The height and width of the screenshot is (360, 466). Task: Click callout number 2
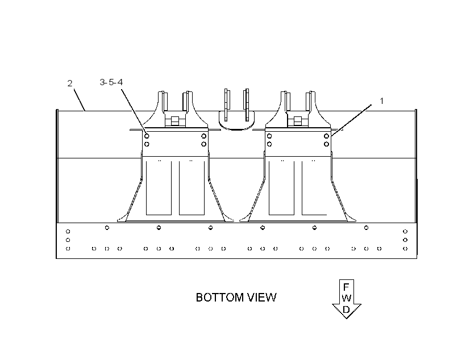tap(70, 83)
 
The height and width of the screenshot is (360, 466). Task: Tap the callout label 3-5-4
tap(111, 82)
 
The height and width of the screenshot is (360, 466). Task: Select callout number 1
tap(381, 101)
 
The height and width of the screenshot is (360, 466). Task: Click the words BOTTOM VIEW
tap(236, 298)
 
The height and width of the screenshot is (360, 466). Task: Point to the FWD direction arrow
tap(347, 299)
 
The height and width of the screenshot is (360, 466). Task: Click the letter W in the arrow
tap(347, 298)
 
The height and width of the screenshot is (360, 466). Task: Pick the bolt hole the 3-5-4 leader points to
tap(147, 136)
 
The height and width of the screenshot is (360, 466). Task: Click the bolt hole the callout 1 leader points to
tap(326, 136)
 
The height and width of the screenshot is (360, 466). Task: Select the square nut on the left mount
tap(175, 121)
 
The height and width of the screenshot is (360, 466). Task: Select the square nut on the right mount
tap(297, 121)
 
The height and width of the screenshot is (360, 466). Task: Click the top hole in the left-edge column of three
tap(68, 231)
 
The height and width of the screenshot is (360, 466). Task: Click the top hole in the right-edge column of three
tap(405, 231)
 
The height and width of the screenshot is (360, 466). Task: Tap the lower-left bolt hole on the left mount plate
tap(147, 144)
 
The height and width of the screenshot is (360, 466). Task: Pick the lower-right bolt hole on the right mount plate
tap(326, 144)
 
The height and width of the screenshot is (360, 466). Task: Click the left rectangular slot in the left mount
tap(159, 188)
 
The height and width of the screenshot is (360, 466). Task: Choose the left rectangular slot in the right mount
tap(281, 188)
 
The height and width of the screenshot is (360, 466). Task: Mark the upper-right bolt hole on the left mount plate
tap(204, 136)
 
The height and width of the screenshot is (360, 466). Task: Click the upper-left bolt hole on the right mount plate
tap(269, 136)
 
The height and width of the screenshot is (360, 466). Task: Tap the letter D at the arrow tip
tap(347, 309)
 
